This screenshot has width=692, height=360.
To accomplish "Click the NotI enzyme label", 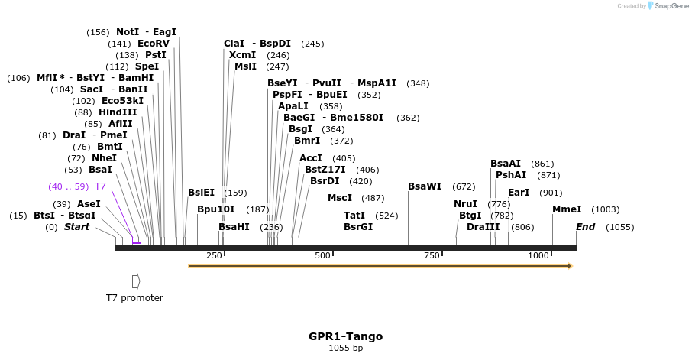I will (128, 32).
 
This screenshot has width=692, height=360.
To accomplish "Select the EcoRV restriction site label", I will (153, 44).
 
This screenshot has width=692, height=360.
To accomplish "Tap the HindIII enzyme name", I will (118, 112).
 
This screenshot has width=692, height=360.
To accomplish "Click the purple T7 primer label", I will (100, 186).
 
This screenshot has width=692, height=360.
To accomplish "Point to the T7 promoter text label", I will (134, 298).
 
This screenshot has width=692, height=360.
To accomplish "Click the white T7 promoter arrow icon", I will (136, 281).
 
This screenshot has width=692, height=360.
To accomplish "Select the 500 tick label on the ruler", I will (322, 255).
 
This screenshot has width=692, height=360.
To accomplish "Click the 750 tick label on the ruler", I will (432, 255).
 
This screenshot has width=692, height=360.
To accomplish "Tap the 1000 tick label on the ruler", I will (538, 255).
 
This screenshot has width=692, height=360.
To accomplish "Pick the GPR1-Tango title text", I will (345, 336).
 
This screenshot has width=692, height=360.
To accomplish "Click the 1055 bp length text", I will (345, 349).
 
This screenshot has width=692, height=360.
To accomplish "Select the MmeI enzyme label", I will (567, 209).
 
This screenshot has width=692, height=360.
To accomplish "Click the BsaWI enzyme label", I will (425, 186).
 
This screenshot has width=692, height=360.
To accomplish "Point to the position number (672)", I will (464, 186).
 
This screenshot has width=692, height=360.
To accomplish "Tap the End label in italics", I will (585, 227).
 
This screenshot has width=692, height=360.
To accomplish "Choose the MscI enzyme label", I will (340, 198).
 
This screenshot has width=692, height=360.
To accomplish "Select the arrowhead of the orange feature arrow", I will (568, 266).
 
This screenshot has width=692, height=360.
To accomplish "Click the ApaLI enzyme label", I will (293, 106).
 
